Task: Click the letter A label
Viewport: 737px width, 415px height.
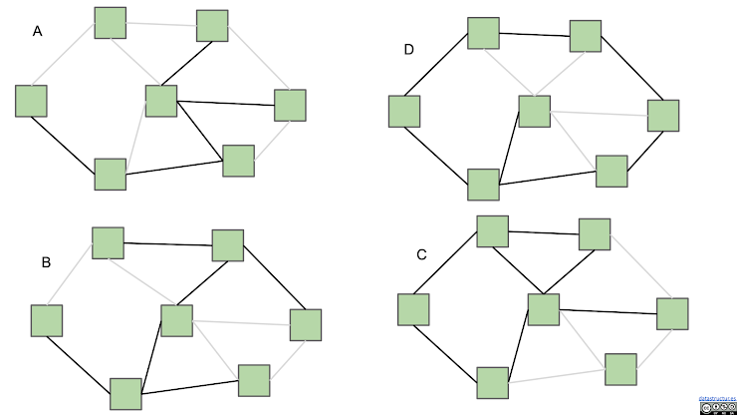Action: coord(38,32)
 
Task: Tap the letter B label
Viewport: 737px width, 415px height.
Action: coord(46,263)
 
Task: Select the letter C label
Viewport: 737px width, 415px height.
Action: coord(421,255)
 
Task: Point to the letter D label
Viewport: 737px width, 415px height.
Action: coord(408,50)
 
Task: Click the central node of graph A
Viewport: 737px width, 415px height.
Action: coord(160,101)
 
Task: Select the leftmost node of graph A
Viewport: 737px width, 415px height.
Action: coord(31,101)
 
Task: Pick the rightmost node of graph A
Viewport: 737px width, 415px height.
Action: coord(290,105)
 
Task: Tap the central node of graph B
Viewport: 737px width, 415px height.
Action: coord(176,320)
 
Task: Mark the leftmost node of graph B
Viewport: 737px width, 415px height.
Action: coord(46,320)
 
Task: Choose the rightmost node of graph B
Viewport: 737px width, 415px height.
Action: coord(305,324)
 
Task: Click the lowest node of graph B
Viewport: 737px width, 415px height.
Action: coord(125,394)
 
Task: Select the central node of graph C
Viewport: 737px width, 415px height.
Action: coord(543,309)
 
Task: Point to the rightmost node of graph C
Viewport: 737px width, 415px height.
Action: coord(672,313)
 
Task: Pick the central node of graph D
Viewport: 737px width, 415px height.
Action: coord(534,111)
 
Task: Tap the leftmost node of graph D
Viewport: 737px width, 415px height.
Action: coord(404,111)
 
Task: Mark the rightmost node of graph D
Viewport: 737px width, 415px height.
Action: coord(663,115)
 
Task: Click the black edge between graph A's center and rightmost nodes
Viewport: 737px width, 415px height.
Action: coord(225,103)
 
